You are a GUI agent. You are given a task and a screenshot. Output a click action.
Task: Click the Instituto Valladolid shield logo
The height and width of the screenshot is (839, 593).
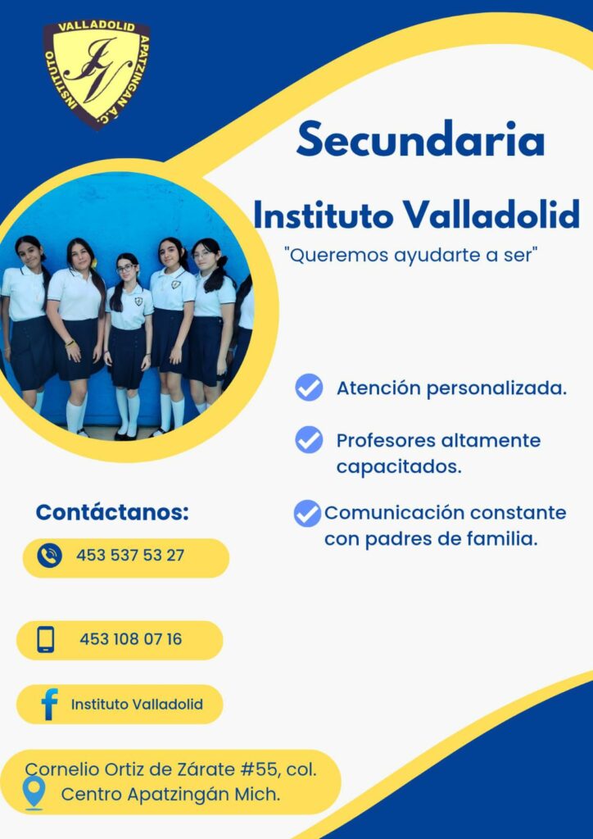pos(97,74)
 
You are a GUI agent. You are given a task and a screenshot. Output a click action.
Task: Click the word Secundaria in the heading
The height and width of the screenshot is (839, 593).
pos(421,140)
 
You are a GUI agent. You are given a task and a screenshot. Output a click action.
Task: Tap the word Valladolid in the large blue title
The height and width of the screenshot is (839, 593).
pos(491,215)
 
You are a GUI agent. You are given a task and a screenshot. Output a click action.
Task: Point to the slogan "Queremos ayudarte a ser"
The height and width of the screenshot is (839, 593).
pos(412,256)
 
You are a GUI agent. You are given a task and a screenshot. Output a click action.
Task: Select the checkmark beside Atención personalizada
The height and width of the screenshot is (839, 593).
pos(309,388)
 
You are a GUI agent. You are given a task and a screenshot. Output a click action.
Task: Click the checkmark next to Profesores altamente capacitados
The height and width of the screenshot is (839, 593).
pos(309,440)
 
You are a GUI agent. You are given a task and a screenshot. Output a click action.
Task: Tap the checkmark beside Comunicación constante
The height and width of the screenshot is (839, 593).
pos(307,514)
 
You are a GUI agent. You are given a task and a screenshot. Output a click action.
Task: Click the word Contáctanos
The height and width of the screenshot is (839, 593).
pos(112,513)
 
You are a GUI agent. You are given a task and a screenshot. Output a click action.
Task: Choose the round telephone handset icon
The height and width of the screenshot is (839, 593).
pos(50,556)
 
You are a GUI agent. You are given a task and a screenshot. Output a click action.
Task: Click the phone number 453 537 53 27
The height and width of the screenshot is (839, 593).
pos(130,556)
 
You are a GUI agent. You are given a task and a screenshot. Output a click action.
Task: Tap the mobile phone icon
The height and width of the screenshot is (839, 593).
pos(46,639)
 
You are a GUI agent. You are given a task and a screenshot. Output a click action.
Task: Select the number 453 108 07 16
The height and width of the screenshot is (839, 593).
pos(130,639)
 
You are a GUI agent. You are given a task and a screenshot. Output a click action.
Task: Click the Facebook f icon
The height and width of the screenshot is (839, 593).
pos(49,704)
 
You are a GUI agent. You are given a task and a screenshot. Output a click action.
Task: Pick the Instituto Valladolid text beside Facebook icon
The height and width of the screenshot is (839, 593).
pos(137,704)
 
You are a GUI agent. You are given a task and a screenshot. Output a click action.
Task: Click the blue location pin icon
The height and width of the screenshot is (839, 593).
pos(34,793)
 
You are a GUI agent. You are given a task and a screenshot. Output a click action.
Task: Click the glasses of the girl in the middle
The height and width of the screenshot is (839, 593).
pos(126,269)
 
